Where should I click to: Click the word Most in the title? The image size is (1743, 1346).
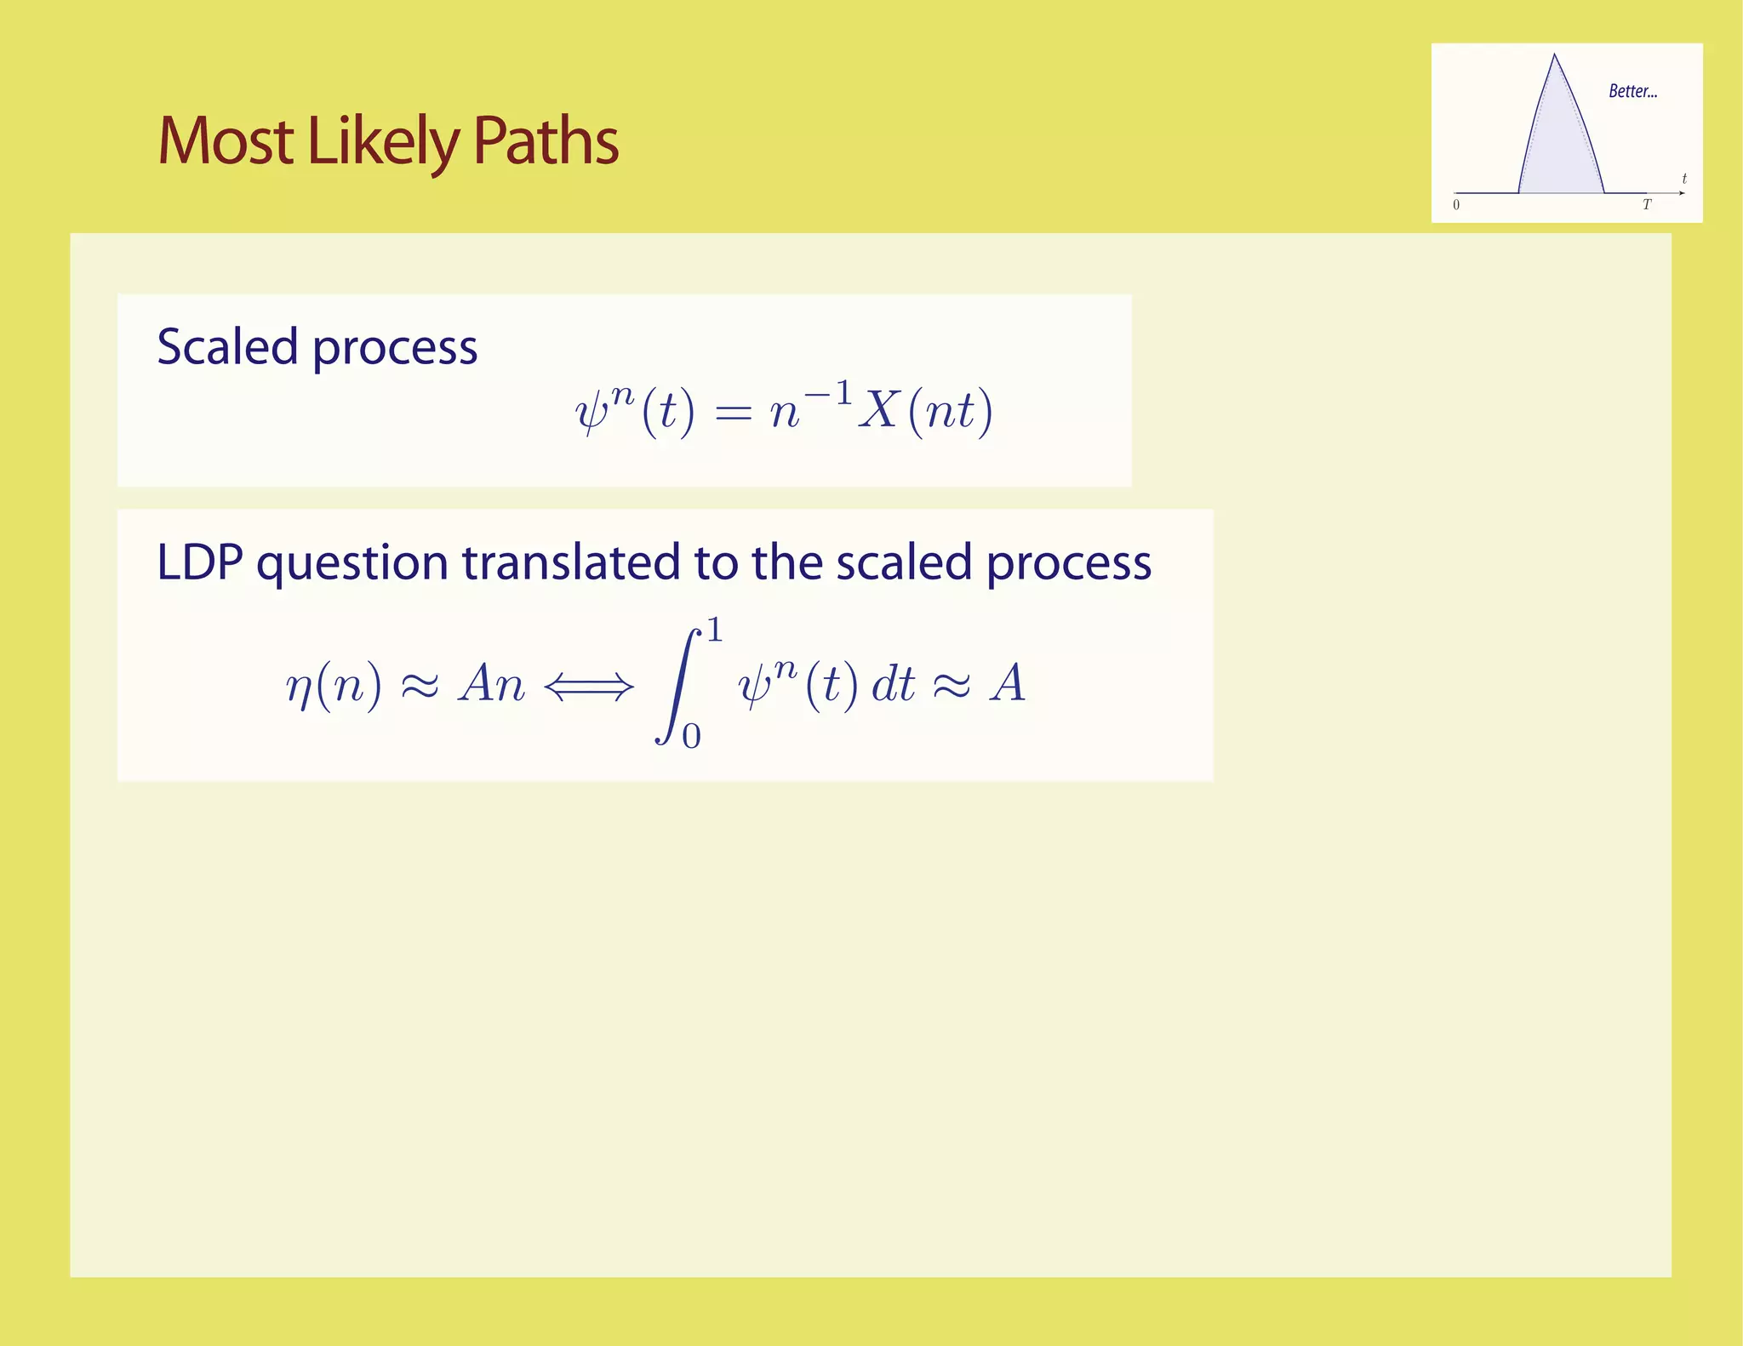[226, 140]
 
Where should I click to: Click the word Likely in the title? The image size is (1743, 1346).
[383, 142]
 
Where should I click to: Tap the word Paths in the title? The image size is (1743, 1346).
[546, 140]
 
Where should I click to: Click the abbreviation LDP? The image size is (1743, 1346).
[199, 562]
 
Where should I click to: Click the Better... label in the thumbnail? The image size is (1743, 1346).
[1632, 91]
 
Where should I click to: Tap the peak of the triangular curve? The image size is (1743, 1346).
[1555, 56]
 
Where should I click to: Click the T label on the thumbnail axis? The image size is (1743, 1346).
[1647, 205]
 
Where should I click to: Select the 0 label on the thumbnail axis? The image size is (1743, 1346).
[1456, 205]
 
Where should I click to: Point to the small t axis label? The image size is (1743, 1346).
[1684, 179]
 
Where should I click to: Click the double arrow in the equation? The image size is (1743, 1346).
[589, 686]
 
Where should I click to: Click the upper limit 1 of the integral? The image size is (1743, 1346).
[715, 630]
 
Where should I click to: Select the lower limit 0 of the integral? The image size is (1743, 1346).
[691, 736]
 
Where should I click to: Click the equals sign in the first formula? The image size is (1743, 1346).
[734, 413]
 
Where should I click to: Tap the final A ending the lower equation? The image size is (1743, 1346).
[1009, 683]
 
